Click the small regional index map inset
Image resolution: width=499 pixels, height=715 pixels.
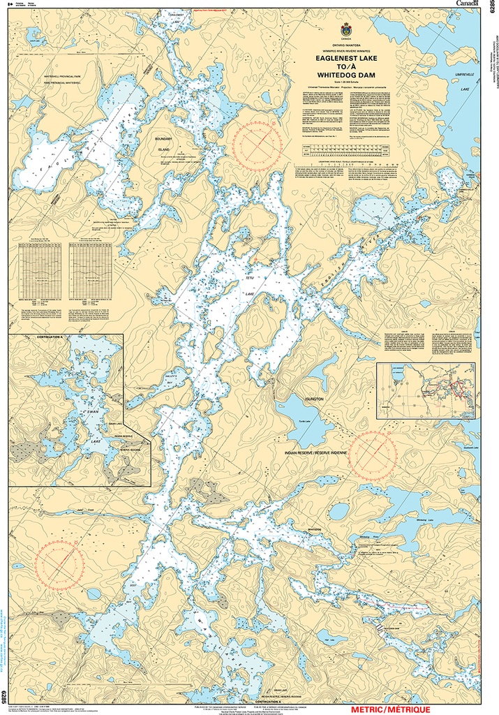click(426, 390)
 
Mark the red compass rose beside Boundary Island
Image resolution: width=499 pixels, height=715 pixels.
click(258, 143)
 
